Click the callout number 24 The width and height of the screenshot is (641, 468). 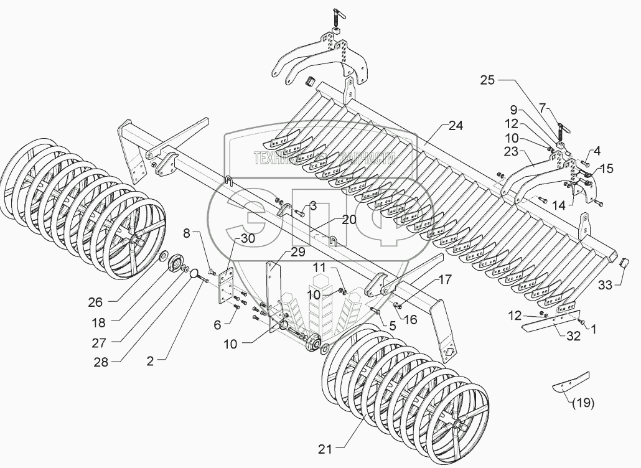click(456, 126)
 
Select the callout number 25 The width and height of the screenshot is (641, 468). click(488, 80)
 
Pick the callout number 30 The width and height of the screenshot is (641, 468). click(231, 239)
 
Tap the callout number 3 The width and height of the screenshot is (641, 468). click(313, 205)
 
